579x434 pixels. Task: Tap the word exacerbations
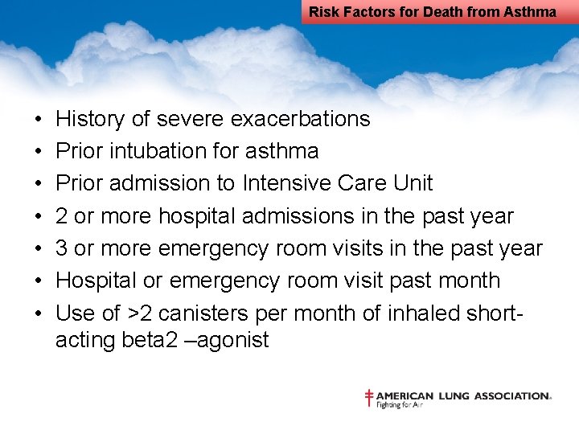click(300, 119)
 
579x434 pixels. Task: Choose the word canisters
click(202, 313)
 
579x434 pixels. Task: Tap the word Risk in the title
click(324, 11)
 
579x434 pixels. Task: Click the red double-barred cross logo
click(369, 398)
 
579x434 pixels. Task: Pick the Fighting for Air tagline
click(400, 405)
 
